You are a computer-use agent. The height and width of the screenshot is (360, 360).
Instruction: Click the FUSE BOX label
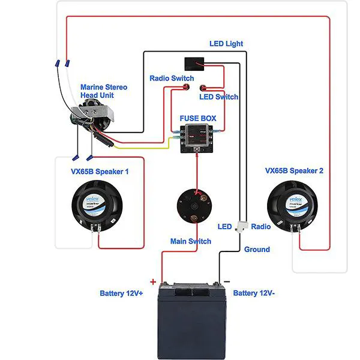[x=198, y=119]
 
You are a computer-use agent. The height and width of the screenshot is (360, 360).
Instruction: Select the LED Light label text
[x=226, y=44]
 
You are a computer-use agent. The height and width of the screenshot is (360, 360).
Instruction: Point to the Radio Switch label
[x=172, y=79]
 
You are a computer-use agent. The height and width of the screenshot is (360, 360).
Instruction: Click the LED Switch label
[x=218, y=97]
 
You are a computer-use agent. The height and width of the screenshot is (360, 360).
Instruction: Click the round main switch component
[x=194, y=207]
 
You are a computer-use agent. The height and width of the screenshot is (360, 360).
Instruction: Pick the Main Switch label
[x=191, y=241]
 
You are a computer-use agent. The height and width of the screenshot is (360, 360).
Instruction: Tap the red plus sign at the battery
[x=152, y=281]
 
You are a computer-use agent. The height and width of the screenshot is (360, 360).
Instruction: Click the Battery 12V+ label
[x=122, y=293]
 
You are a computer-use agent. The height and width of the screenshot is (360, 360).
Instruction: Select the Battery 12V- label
[x=254, y=293]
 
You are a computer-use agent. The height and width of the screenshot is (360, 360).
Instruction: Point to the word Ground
[x=257, y=250]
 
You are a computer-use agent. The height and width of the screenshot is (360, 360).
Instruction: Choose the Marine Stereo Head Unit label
[x=104, y=91]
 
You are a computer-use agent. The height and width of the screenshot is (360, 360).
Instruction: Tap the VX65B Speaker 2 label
[x=294, y=170]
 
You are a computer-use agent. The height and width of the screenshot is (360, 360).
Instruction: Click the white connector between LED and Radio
[x=242, y=226]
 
